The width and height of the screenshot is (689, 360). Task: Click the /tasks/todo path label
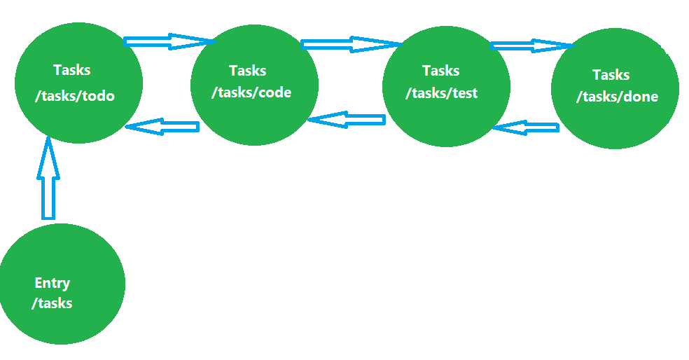pyautogui.click(x=74, y=96)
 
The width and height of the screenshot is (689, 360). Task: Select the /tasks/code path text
pyautogui.click(x=251, y=92)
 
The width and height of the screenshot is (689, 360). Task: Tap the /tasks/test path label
pyautogui.click(x=442, y=92)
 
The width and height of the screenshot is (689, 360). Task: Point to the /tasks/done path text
pyautogui.click(x=617, y=97)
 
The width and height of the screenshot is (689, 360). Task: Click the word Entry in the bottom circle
pyautogui.click(x=53, y=283)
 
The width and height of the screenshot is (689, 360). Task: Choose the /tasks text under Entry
pyautogui.click(x=52, y=303)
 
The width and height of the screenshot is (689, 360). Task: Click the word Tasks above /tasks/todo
pyautogui.click(x=71, y=70)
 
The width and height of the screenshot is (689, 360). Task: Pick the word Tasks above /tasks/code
pyautogui.click(x=247, y=71)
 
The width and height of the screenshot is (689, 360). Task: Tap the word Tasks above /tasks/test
pyautogui.click(x=441, y=71)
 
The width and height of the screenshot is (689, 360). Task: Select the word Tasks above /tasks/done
pyautogui.click(x=611, y=75)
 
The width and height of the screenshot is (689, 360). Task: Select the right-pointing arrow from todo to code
pyautogui.click(x=168, y=41)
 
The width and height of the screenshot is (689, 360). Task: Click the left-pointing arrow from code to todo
pyautogui.click(x=162, y=127)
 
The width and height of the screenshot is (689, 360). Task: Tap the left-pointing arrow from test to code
pyautogui.click(x=347, y=120)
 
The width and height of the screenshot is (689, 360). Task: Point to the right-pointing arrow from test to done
pyautogui.click(x=532, y=46)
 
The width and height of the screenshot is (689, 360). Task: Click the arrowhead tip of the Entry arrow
pyautogui.click(x=48, y=139)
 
